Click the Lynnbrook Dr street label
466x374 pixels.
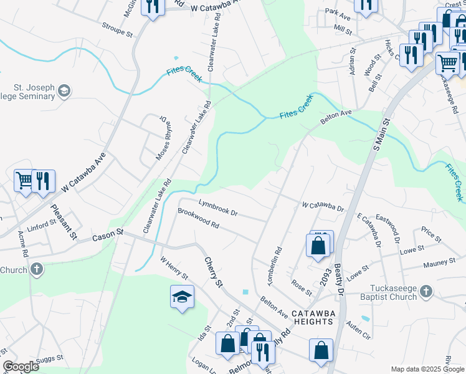pyautogui.click(x=218, y=208)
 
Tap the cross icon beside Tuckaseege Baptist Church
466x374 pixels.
pyautogui.click(x=426, y=291)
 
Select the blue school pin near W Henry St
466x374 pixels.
pyautogui.click(x=182, y=297)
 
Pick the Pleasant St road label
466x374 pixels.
pyautogui.click(x=64, y=223)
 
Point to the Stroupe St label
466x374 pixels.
pyautogui.click(x=117, y=29)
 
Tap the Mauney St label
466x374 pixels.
pyautogui.click(x=440, y=264)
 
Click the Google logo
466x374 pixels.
pyautogui.click(x=21, y=367)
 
